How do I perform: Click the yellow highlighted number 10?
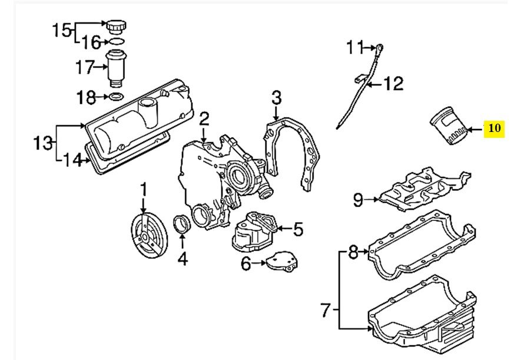tap(494, 128)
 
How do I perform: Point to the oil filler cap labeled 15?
tap(114, 27)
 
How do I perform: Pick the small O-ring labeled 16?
tap(115, 42)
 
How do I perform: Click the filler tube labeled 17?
tap(115, 68)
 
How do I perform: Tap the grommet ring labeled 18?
tap(116, 96)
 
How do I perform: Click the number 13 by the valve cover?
tap(42, 142)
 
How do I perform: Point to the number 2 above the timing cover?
tap(203, 119)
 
